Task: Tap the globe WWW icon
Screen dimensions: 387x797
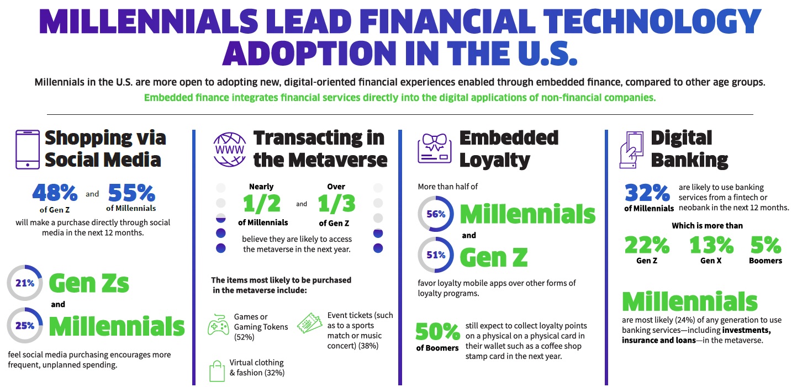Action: click(229, 150)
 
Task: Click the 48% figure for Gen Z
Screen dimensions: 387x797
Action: click(55, 193)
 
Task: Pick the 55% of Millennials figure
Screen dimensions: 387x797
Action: click(131, 193)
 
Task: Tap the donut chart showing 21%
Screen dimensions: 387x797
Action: click(25, 284)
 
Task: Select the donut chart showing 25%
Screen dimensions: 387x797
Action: click(25, 326)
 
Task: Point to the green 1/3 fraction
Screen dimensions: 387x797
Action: click(337, 204)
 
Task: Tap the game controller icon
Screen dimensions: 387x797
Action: click(219, 326)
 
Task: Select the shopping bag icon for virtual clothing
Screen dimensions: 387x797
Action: click(217, 370)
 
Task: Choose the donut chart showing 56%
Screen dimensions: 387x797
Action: click(436, 215)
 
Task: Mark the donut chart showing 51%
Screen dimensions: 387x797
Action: click(436, 255)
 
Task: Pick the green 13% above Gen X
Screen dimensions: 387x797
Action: click(711, 245)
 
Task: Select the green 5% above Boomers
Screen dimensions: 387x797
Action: click(766, 245)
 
